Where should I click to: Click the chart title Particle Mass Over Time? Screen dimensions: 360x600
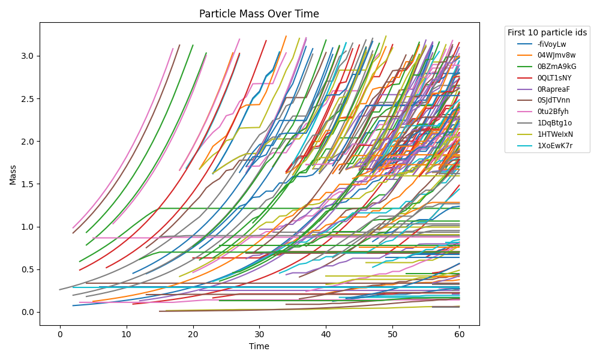click(x=259, y=14)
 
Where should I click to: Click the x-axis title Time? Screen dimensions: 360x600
click(x=259, y=346)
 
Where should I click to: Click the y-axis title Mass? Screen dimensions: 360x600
click(x=13, y=174)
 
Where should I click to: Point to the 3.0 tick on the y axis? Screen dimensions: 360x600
click(x=28, y=56)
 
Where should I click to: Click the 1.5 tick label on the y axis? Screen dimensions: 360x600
click(x=28, y=184)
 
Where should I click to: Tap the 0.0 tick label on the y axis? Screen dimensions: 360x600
click(x=28, y=312)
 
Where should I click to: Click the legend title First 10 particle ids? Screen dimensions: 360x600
click(x=547, y=32)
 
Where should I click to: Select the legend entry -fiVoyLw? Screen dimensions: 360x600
click(x=551, y=44)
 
